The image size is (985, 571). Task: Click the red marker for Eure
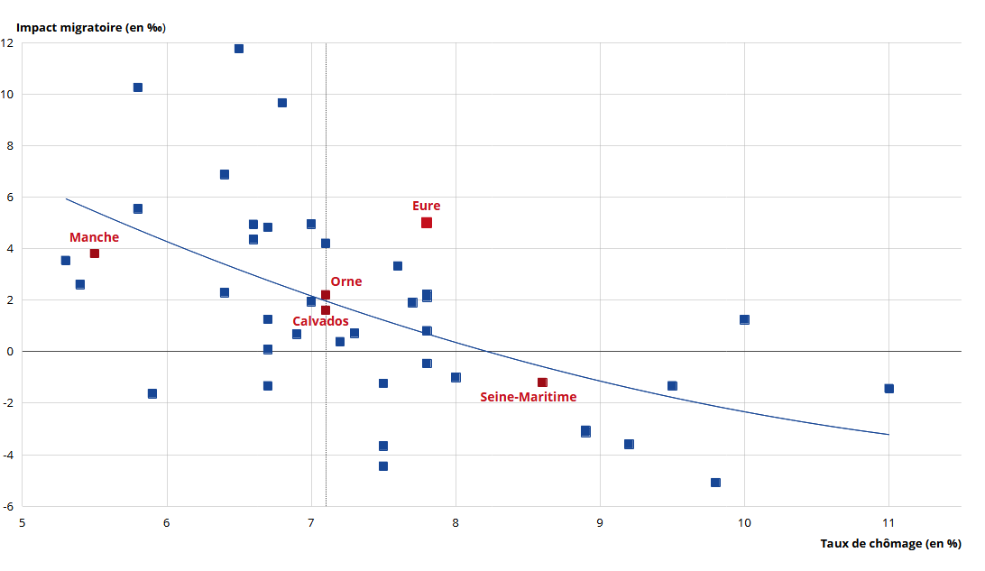tap(427, 223)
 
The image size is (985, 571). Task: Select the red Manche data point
tap(95, 253)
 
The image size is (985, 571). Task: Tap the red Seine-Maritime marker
tap(542, 382)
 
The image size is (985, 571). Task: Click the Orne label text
tap(345, 281)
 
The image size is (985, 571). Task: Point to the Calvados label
tap(320, 321)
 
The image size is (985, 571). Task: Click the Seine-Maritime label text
tap(528, 397)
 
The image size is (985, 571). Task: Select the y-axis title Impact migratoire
tap(91, 27)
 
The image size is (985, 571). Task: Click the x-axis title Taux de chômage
tap(890, 543)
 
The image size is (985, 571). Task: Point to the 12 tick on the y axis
tap(8, 43)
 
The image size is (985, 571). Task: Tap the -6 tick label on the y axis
tap(7, 506)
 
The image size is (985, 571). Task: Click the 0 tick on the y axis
tap(10, 352)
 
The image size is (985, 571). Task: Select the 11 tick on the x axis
tap(888, 522)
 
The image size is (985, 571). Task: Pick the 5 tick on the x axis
tap(23, 522)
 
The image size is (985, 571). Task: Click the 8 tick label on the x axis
tap(456, 522)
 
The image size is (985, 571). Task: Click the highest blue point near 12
tap(239, 49)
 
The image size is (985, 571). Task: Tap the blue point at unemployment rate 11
tap(888, 389)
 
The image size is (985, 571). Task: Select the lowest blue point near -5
tap(715, 483)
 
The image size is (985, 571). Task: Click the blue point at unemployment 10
tap(744, 319)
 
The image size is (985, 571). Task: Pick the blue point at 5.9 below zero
tap(152, 393)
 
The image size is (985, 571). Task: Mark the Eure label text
tap(426, 206)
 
